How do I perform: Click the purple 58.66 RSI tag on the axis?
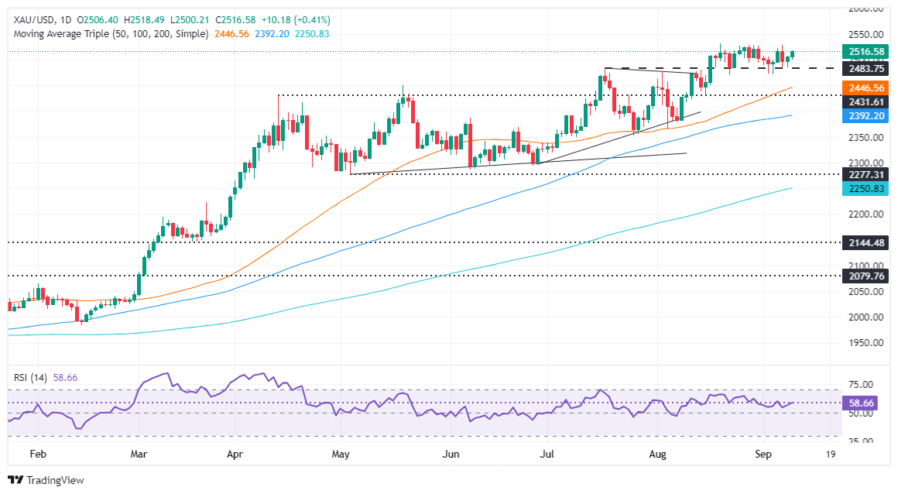pyautogui.click(x=866, y=403)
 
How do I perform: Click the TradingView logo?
pyautogui.click(x=46, y=479)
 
